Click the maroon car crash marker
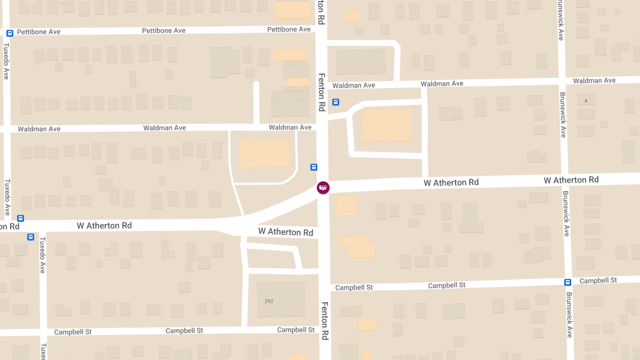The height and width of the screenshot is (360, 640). tap(323, 187)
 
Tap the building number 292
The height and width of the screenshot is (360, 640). tap(269, 301)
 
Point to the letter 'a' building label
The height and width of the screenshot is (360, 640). tap(586, 100)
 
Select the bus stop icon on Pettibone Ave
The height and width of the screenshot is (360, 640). tap(10, 33)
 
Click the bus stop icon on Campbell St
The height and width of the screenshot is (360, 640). tap(568, 282)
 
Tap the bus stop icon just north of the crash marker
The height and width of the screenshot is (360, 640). tap(314, 167)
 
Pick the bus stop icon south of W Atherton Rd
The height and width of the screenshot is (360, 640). tap(30, 237)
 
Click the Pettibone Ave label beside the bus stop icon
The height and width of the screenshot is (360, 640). tap(38, 32)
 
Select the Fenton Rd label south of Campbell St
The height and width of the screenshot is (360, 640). tap(324, 321)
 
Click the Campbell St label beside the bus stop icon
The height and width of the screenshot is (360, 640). tap(598, 281)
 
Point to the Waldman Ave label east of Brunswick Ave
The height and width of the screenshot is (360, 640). tap(594, 81)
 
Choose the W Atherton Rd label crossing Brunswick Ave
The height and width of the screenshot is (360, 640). tap(571, 180)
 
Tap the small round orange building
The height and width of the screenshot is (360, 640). tap(353, 17)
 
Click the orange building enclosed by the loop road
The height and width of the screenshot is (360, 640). tap(387, 125)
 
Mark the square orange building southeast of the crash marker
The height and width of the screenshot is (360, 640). tap(347, 205)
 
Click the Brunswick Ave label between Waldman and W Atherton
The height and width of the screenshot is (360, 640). tap(563, 115)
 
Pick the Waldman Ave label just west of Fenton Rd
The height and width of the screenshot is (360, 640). tap(290, 127)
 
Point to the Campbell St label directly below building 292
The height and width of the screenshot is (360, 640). tap(296, 330)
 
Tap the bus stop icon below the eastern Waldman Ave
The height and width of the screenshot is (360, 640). tap(335, 102)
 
